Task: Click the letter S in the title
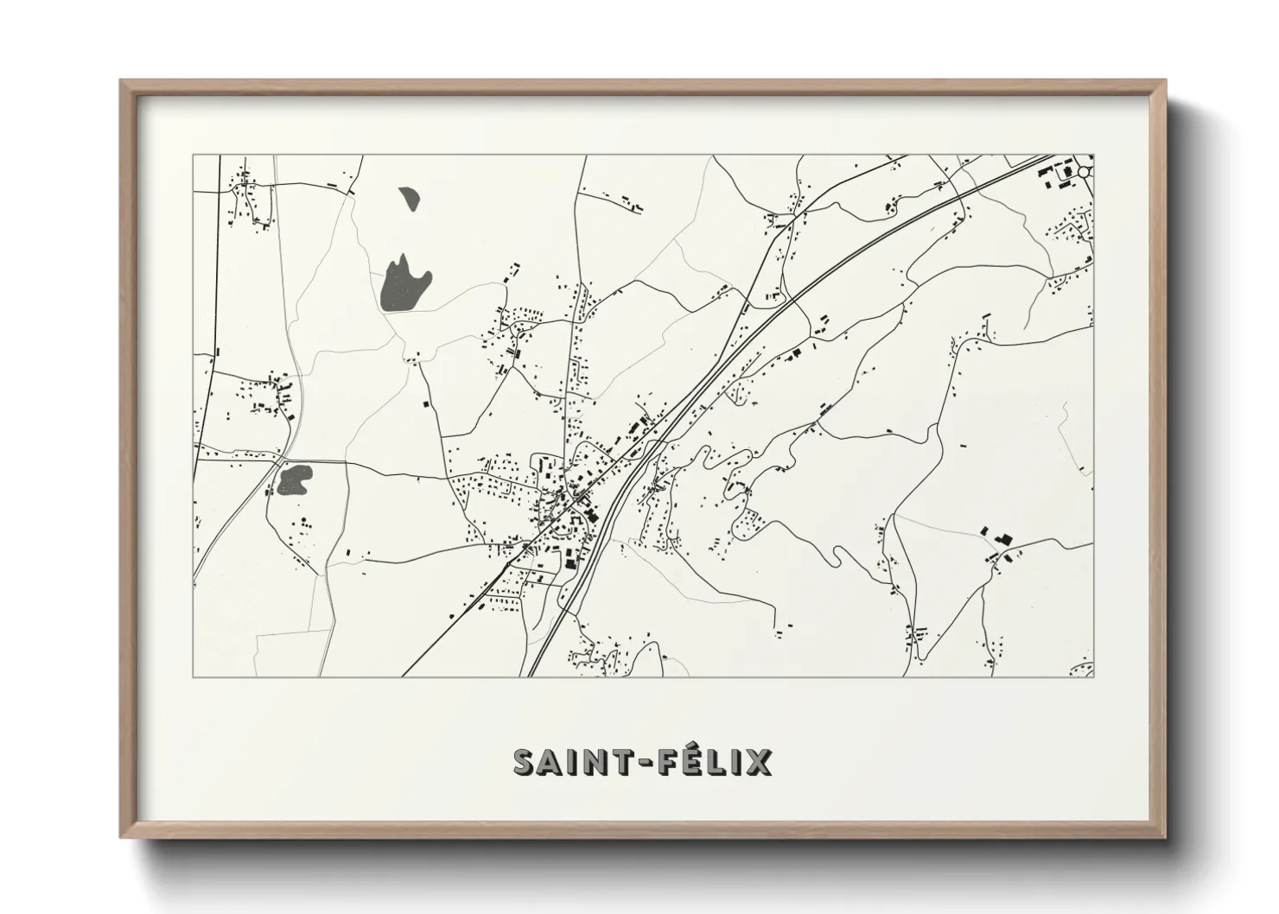coord(527,762)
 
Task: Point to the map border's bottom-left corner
coord(194,676)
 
